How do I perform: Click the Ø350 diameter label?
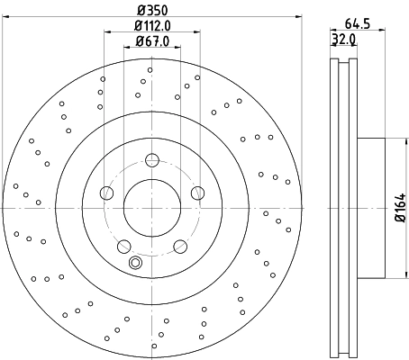click(151, 11)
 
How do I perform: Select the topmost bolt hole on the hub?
click(151, 160)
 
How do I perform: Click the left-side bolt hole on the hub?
click(107, 192)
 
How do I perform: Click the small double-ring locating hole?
click(135, 263)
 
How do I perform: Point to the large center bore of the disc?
click(151, 206)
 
